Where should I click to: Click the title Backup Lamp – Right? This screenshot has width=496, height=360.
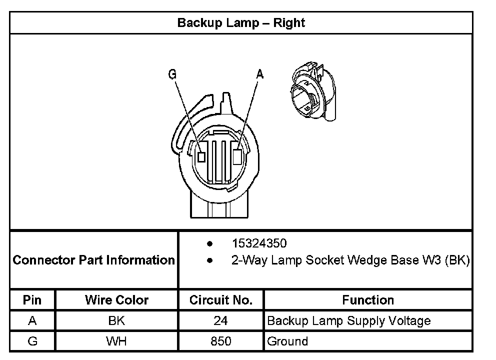pos(241,23)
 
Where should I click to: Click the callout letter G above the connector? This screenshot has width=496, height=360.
pos(172,74)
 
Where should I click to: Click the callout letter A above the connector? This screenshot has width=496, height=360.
pos(259,74)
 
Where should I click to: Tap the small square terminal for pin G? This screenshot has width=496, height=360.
pos(202,156)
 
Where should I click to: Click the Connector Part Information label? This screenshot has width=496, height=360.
pos(93,260)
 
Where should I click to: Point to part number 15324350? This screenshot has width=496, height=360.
pos(259,243)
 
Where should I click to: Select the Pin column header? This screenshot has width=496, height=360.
pos(32,300)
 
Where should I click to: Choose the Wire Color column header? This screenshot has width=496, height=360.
pos(116,300)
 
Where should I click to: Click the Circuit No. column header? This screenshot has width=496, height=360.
pos(220,300)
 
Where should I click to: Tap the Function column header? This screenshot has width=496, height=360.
pos(368,300)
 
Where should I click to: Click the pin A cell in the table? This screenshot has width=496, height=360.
pos(32,320)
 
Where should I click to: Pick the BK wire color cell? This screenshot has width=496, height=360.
pos(116,320)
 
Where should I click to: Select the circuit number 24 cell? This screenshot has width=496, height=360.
pos(220,320)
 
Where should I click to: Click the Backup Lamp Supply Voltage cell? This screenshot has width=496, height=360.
pos(348,320)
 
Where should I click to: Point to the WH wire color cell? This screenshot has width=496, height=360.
pos(116,341)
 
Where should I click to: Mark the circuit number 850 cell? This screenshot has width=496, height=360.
pos(220,341)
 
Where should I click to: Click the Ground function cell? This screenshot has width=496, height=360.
pos(287,341)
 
